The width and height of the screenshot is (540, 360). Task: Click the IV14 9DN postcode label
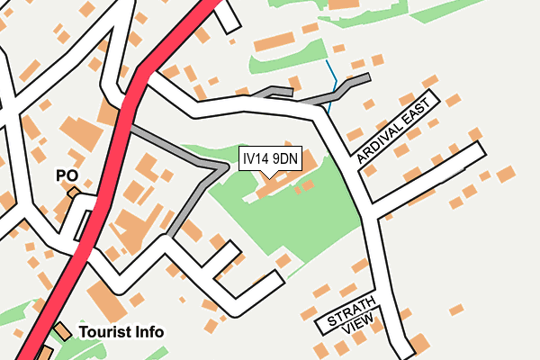pos(270,159)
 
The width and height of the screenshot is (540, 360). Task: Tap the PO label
pos(67,175)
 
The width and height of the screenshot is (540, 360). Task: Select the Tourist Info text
pos(121,332)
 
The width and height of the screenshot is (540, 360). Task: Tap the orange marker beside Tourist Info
pos(61,331)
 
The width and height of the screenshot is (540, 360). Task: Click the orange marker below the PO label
pos(73,192)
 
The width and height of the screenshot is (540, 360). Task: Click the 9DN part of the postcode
pos(285,159)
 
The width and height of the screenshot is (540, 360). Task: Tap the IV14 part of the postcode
pos(256,159)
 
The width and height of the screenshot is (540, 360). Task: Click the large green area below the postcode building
pos(297,216)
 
